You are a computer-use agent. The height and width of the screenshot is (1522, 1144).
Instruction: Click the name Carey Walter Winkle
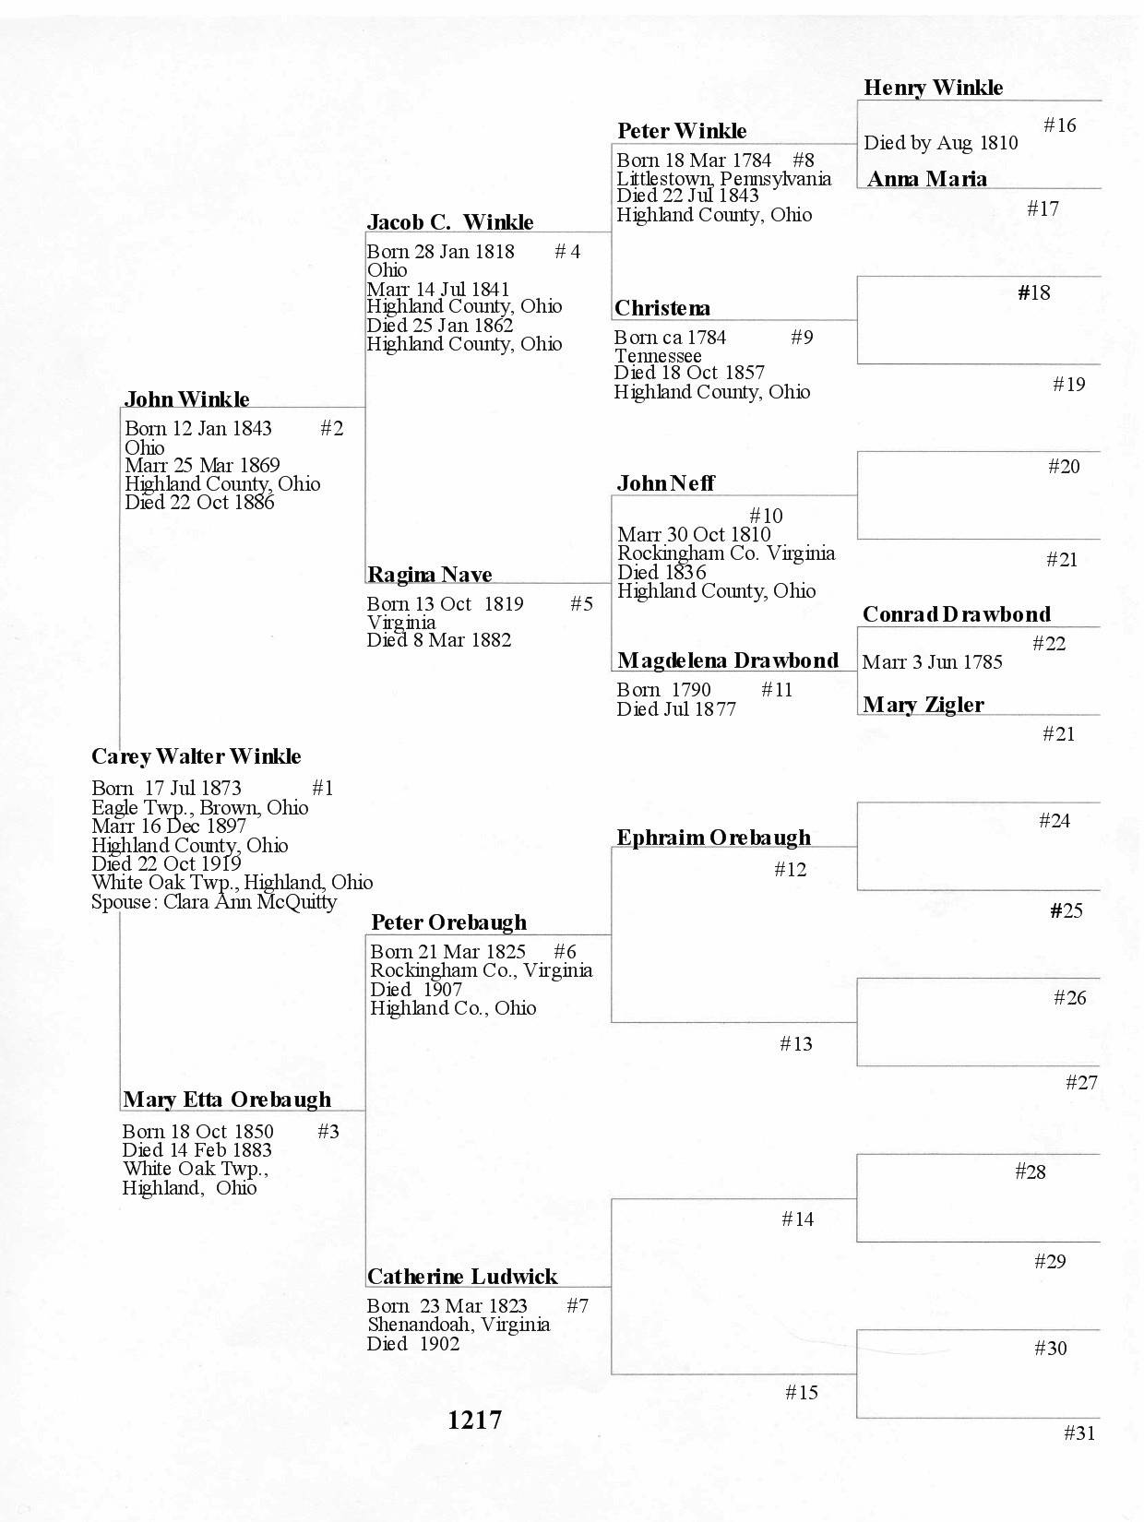196,757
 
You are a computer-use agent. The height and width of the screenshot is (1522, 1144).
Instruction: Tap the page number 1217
475,1421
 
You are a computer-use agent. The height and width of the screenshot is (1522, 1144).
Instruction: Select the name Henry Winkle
933,89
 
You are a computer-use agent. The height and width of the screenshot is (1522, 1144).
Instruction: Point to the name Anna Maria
926,180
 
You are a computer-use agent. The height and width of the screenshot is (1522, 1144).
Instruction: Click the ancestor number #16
1059,125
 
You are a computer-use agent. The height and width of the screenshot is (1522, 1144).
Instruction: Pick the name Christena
662,309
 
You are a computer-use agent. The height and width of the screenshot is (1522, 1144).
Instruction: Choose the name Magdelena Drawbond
728,661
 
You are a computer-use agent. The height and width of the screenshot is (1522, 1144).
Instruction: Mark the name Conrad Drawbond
956,615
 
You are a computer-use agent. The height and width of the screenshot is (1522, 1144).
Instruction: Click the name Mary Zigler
923,706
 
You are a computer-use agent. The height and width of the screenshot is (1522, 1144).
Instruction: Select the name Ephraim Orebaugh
713,838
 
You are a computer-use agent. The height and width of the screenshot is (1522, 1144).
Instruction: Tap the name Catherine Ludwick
462,1278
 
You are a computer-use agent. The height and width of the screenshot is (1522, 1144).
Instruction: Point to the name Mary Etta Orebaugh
226,1100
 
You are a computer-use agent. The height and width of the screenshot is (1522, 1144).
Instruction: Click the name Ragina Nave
429,576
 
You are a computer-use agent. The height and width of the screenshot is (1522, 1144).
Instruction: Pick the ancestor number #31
1079,1433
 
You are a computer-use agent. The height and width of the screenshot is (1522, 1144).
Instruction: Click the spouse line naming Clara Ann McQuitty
214,902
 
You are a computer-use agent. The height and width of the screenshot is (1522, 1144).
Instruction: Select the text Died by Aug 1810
940,143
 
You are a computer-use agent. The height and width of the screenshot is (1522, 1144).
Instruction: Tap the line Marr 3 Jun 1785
932,662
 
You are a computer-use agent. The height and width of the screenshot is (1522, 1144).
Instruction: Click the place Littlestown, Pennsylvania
723,178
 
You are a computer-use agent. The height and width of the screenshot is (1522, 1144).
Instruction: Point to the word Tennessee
658,356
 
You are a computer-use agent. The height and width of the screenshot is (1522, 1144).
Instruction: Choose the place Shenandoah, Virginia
459,1325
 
